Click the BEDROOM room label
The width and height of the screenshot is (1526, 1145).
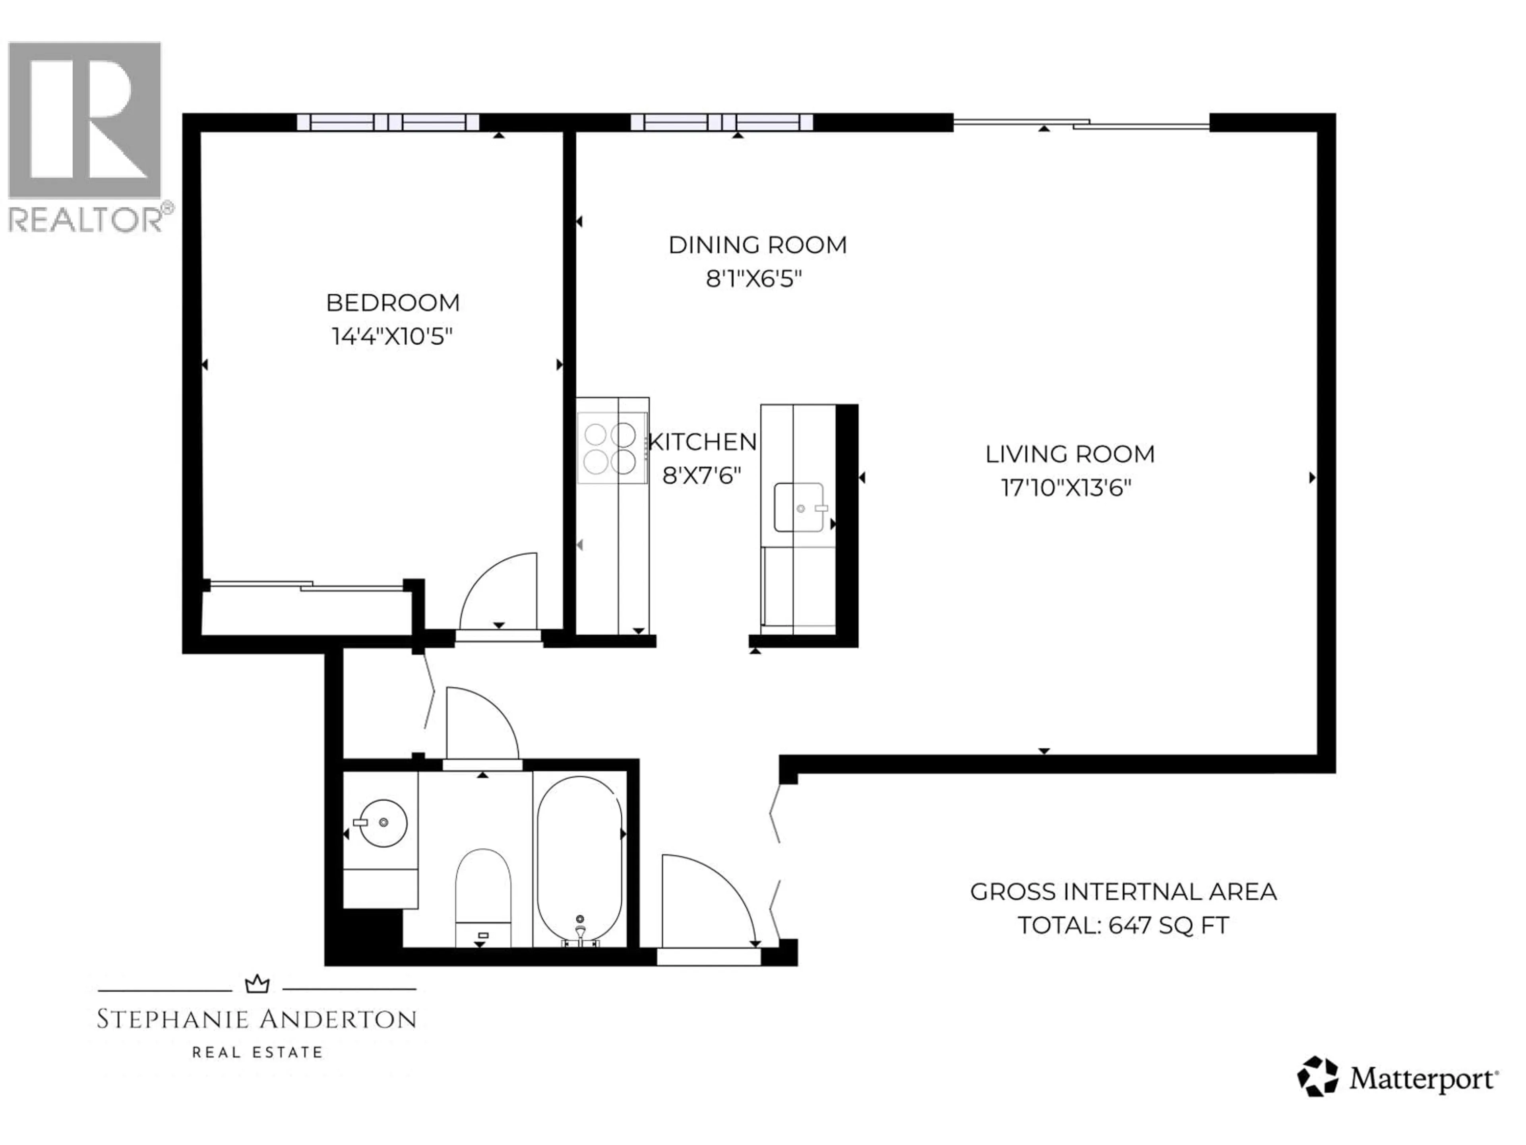pos(393,302)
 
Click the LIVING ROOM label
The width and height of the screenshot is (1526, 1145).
pos(1069,454)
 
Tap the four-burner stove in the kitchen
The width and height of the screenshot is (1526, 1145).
pos(610,448)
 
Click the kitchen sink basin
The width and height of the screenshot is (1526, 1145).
pos(799,507)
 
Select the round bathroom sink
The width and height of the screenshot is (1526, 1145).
pos(383,823)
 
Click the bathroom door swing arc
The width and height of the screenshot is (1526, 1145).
pos(483,725)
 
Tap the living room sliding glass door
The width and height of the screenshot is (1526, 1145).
pos(1081,123)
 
